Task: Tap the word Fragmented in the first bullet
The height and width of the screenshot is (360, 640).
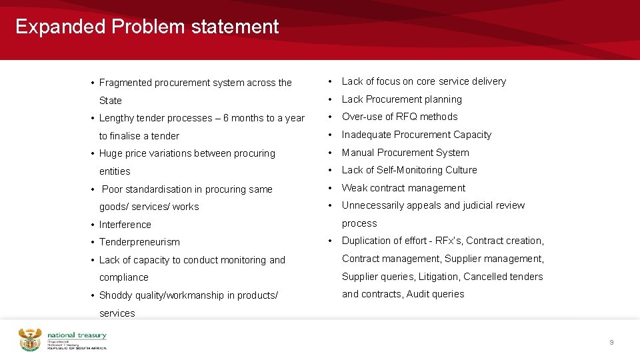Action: (x=125, y=83)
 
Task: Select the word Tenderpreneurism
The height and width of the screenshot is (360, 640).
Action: (x=139, y=242)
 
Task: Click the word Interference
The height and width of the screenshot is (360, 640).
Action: (x=125, y=225)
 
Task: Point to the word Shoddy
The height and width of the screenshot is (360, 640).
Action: (x=115, y=295)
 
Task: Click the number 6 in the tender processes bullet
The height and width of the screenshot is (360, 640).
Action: (x=226, y=118)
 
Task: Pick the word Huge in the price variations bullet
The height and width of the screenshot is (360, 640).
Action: (x=110, y=153)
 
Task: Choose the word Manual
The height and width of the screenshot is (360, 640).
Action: (x=357, y=153)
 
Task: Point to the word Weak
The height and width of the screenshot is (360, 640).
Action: (x=354, y=188)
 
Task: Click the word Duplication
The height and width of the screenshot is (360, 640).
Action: (x=368, y=241)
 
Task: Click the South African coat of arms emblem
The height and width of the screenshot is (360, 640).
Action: (x=30, y=339)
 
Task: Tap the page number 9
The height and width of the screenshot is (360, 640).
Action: (x=611, y=342)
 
